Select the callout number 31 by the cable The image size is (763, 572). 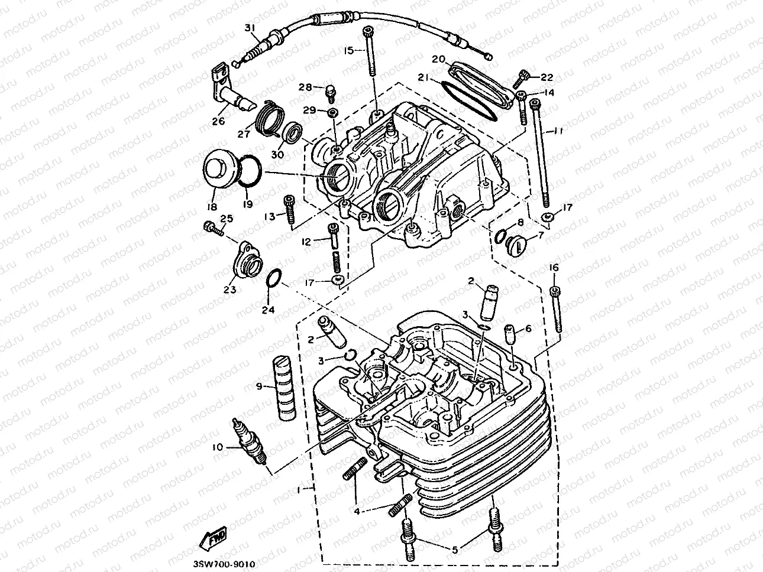(249, 28)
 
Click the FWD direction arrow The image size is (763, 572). (213, 538)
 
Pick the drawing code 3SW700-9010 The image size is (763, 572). (224, 564)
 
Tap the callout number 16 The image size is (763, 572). (554, 268)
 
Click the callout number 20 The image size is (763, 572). (438, 59)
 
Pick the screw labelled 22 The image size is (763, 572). (524, 76)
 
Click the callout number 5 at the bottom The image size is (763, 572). (454, 549)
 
